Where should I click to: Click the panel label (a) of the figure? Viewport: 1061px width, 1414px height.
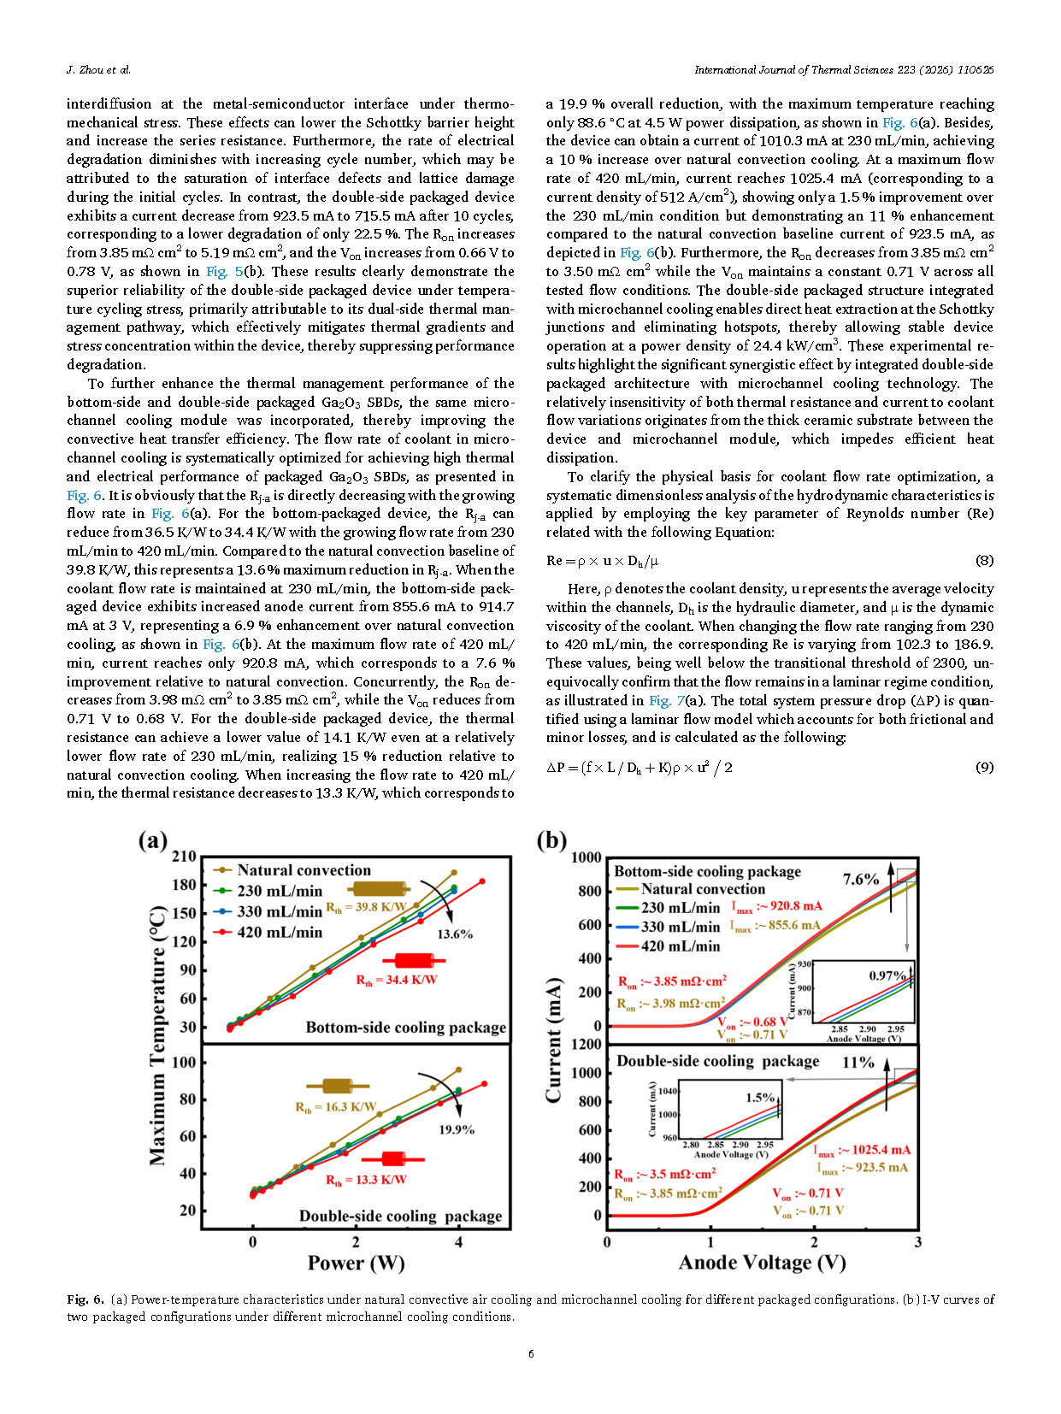[153, 840]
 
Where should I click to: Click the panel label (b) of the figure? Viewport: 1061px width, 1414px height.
[551, 840]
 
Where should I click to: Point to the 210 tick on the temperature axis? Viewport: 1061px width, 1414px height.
[185, 856]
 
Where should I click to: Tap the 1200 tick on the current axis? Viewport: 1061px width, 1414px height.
[586, 1044]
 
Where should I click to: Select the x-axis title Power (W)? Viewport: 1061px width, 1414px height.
[356, 1263]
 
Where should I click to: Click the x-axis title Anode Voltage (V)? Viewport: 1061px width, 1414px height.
[762, 1263]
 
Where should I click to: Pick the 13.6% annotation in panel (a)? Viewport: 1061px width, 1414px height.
[455, 934]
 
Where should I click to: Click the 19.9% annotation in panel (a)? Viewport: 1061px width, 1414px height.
[457, 1129]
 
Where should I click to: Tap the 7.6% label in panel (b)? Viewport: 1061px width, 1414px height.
[860, 879]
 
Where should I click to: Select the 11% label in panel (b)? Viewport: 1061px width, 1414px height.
[858, 1063]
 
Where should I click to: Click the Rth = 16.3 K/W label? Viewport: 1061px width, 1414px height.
[335, 1107]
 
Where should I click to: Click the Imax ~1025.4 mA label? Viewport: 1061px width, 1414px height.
[862, 1150]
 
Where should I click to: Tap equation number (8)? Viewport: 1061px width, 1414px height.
[984, 561]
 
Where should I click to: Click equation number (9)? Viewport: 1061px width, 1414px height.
[984, 768]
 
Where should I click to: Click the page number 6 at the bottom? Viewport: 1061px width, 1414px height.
[531, 1353]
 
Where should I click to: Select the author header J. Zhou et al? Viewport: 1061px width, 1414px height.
[98, 70]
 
